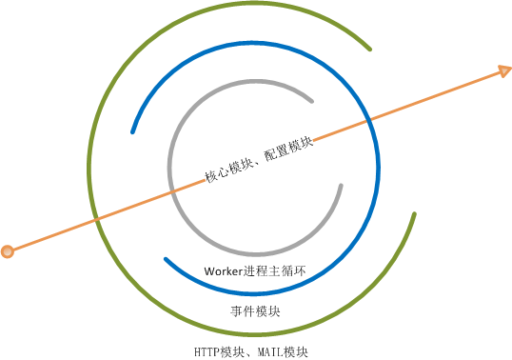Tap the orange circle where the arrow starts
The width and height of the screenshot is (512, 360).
(8, 251)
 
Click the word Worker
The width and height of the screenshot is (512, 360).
(224, 271)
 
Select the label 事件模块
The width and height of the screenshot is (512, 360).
(255, 311)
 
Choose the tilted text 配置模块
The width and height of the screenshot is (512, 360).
(288, 149)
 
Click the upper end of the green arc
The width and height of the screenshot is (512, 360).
(369, 50)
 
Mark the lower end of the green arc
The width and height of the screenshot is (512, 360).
(414, 214)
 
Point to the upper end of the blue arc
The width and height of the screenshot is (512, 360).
(132, 132)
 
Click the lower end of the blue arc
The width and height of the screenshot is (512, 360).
(166, 259)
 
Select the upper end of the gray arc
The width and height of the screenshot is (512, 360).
(312, 101)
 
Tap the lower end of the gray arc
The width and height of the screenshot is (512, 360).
(341, 186)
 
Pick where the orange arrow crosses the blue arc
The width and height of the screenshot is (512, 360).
(369, 120)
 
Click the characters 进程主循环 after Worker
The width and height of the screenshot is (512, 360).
(275, 271)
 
